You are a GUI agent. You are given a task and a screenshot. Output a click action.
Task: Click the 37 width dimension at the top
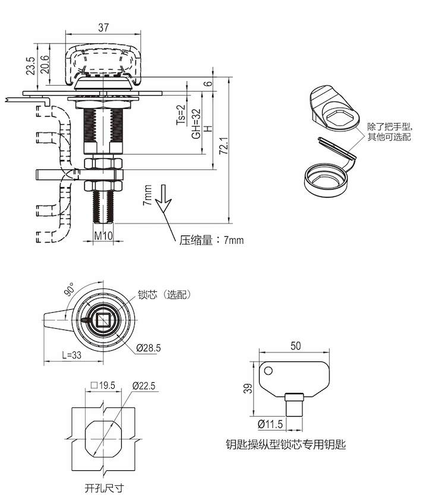[103, 27]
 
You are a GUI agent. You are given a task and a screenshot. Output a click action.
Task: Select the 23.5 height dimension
[30, 65]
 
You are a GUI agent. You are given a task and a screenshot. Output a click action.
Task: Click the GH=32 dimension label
[196, 124]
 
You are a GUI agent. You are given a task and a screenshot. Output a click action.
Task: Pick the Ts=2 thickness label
[182, 112]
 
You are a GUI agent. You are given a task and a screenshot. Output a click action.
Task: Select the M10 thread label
[103, 236]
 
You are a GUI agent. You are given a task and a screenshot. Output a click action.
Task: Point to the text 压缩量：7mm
[212, 241]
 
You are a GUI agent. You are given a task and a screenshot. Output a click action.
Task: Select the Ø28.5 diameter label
[148, 348]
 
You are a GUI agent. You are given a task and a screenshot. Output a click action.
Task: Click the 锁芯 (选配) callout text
[164, 294]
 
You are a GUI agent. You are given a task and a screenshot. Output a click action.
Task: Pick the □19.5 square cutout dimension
[103, 386]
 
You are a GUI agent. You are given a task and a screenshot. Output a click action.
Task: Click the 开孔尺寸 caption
[104, 488]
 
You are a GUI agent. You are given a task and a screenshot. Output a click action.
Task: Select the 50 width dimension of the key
[295, 345]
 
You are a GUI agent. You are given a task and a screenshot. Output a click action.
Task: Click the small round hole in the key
[268, 372]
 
